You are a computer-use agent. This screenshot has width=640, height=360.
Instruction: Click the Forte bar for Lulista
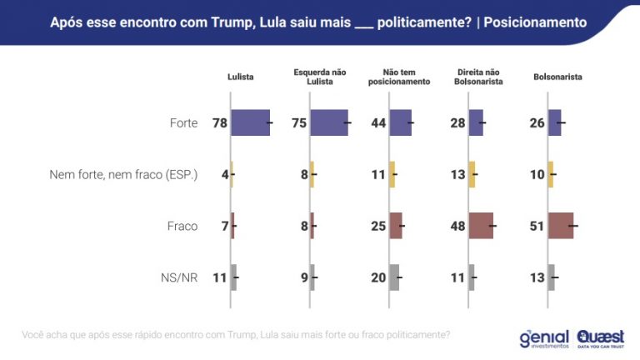point(250,122)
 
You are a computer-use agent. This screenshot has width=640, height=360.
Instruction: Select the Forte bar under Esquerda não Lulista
point(328,122)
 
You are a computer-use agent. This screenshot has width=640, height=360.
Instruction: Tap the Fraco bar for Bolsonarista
point(561,226)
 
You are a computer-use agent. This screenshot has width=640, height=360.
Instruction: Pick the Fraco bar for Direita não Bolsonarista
point(481,226)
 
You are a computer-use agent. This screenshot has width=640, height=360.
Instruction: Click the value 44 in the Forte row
point(378,123)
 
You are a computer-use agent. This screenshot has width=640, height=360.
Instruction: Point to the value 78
point(220,123)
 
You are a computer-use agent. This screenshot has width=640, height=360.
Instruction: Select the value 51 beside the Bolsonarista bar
point(537,226)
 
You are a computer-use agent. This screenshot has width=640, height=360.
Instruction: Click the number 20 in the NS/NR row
point(378,277)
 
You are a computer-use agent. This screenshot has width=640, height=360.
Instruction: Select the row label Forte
point(183,123)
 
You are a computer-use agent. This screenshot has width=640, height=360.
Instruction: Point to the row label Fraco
point(182,226)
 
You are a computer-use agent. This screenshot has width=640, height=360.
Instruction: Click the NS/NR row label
point(178,277)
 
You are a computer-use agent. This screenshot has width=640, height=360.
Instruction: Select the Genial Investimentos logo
point(542,337)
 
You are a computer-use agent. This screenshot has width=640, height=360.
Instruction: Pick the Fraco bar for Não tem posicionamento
point(396,226)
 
